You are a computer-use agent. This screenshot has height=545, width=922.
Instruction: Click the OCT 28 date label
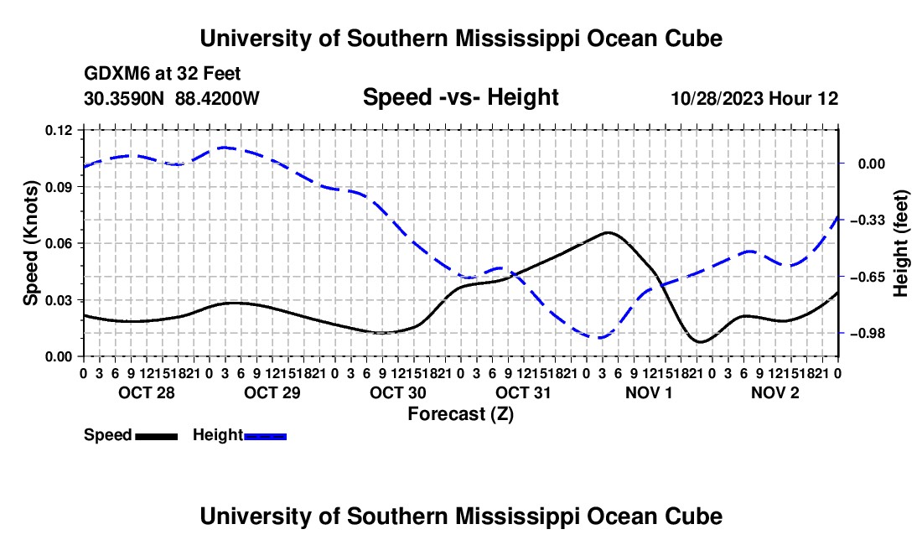point(147,392)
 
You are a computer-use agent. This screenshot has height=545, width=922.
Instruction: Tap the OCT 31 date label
point(523,392)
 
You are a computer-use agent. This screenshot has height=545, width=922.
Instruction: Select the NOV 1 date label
point(649,392)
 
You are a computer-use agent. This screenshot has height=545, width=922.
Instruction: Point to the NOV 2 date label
point(775,392)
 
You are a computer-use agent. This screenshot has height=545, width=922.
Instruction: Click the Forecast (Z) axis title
point(461,414)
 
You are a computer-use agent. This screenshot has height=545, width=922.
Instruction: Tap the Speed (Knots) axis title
point(30,243)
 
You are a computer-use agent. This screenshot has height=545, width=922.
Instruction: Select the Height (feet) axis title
point(901,243)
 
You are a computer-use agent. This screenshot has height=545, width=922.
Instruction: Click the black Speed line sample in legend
point(157,437)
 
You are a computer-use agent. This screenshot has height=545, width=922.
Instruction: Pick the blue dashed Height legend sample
point(265,437)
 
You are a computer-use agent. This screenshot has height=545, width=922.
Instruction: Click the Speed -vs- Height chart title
point(460,97)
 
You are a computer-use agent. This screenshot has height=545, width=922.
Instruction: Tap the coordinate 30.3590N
point(123,98)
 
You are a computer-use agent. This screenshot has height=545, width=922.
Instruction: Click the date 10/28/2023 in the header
point(717,98)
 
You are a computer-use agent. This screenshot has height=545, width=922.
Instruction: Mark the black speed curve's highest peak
point(608,232)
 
